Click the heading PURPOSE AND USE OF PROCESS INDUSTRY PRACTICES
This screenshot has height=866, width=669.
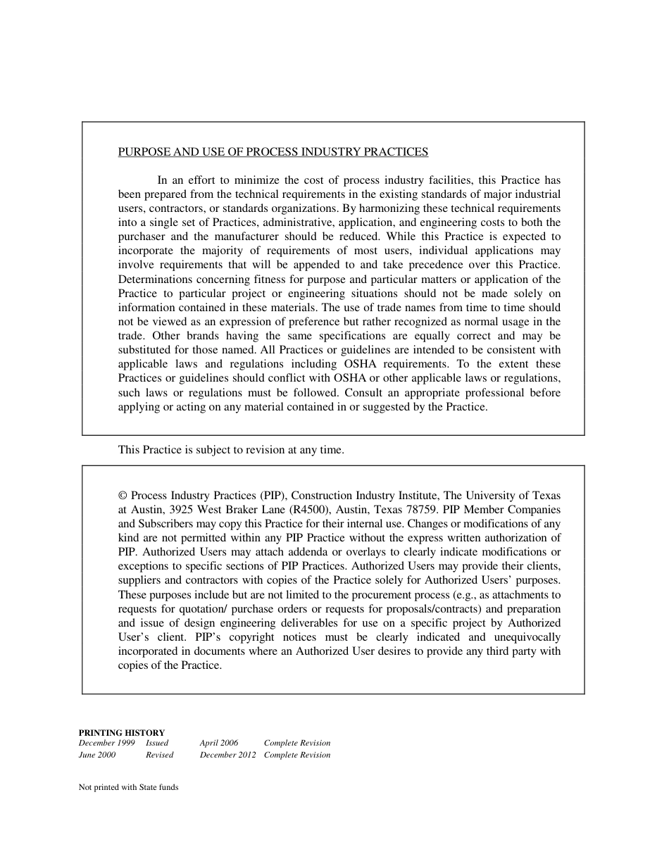pos(273,152)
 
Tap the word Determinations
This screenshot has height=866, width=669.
pos(153,280)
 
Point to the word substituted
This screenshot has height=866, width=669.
pos(145,350)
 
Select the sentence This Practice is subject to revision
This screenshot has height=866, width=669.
pos(231,450)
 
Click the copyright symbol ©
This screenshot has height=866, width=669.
pos(123,496)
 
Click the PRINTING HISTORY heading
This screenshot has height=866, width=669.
pos(122,733)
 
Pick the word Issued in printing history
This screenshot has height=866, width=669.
pos(157,743)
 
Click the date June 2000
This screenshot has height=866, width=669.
pos(97,755)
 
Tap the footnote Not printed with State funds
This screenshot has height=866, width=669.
pos(128,788)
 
